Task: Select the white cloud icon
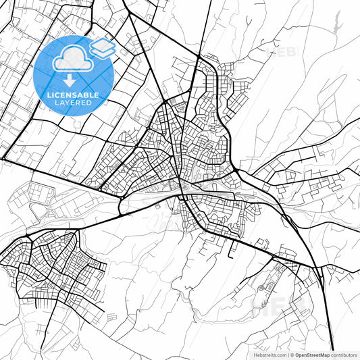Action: click(72, 59)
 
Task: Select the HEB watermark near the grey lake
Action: click(284, 51)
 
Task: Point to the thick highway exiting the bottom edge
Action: click(330, 344)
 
